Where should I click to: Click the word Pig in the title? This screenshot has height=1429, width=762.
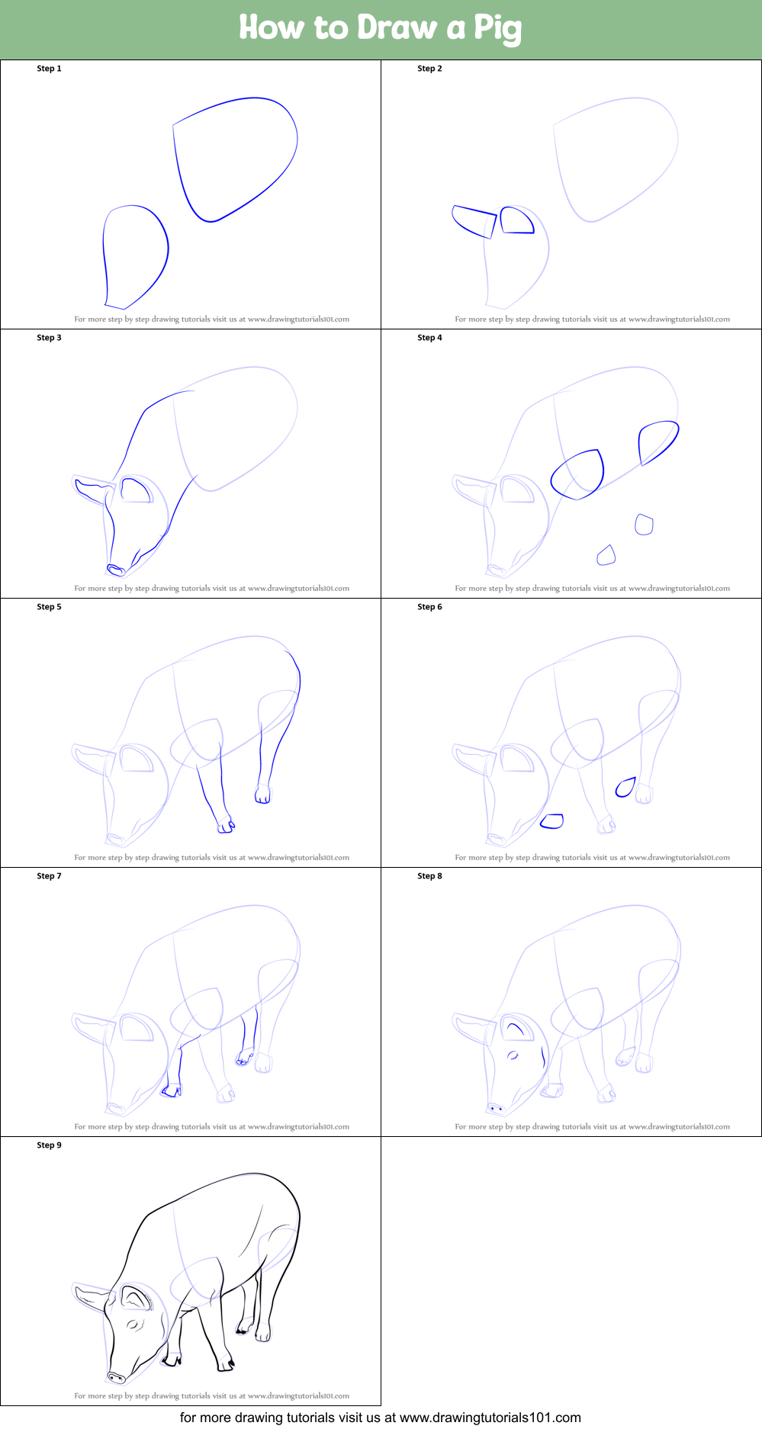pos(497,28)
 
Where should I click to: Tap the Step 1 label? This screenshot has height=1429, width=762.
pos(49,69)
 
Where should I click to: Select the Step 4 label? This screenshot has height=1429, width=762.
pos(429,338)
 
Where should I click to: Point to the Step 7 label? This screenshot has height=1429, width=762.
pos(49,876)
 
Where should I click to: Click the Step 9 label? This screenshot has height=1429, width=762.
pos(49,1145)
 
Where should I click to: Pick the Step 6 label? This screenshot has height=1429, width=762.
pos(429,607)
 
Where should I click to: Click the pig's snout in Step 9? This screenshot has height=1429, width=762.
pos(116,1377)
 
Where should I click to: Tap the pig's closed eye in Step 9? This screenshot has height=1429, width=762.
pos(135,1325)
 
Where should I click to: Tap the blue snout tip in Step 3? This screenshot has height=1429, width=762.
pos(116,570)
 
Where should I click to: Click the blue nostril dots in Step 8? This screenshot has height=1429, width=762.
pos(497,1108)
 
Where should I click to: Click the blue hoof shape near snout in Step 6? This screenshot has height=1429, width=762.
pos(551,821)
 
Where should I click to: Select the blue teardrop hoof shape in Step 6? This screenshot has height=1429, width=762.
pos(625,787)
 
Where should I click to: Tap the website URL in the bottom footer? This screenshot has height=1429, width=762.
pos(490,1418)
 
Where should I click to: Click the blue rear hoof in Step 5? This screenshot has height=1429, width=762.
pos(262,795)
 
